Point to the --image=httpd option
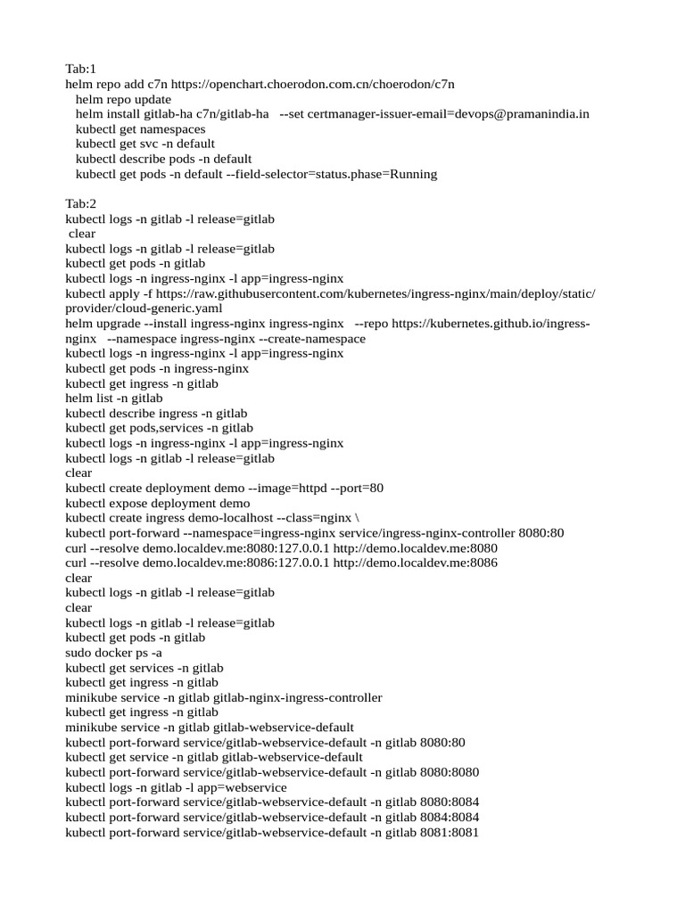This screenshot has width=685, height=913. click(289, 489)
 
